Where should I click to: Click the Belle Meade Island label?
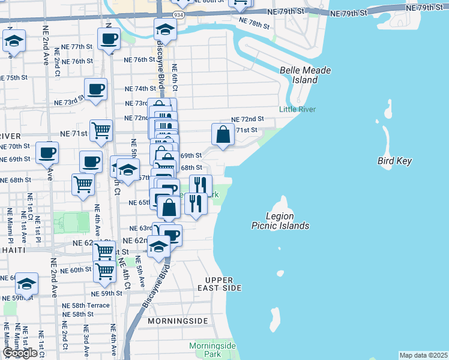[305, 75]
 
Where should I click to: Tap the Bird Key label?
[394, 161]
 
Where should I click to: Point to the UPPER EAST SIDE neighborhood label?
[223, 284]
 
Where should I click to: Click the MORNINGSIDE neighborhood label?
[179, 321]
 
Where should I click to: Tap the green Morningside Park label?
[212, 350]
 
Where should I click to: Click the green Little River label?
[297, 109]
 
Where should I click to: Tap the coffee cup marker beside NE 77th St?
[109, 40]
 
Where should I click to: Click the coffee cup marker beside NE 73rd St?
[95, 90]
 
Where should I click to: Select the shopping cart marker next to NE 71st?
[101, 130]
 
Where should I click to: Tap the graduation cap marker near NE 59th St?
[26, 283]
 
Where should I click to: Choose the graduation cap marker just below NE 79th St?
[165, 29]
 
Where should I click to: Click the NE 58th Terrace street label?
[86, 305]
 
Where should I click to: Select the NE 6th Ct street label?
[174, 78]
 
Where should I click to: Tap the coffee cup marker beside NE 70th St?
[47, 152]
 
